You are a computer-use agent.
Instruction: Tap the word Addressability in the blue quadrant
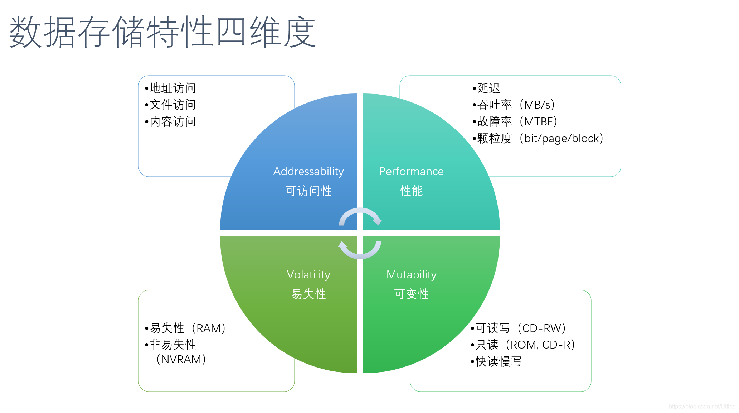(308, 172)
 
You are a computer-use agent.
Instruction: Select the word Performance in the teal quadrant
(411, 172)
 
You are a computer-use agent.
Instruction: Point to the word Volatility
(308, 275)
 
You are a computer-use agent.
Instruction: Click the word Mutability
(411, 275)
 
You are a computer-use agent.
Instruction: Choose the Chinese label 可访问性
(308, 191)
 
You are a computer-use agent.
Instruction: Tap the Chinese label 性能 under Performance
(411, 191)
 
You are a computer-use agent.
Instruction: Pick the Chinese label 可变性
(411, 294)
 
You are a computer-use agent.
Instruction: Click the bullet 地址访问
(172, 88)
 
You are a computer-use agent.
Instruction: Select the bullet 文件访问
(172, 105)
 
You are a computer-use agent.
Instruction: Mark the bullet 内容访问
(172, 121)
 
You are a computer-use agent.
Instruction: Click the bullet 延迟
(488, 88)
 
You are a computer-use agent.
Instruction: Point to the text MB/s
(537, 105)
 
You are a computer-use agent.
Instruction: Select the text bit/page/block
(561, 138)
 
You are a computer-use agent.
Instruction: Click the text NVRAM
(181, 359)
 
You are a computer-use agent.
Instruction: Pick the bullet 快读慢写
(499, 361)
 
